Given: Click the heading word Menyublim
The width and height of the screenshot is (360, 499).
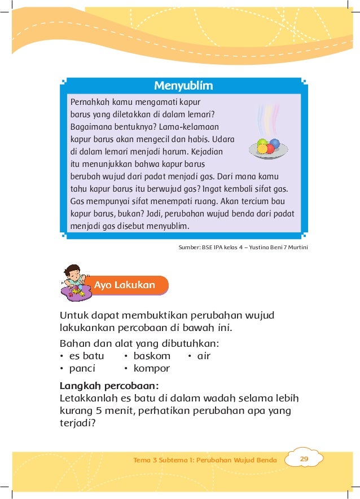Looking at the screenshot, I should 183,86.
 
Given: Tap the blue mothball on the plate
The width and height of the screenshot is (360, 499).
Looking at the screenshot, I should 274,143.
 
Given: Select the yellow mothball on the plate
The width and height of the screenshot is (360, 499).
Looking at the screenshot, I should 262,149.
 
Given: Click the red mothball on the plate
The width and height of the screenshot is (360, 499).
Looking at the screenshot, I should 270,149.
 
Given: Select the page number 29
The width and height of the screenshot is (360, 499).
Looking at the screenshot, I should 304,459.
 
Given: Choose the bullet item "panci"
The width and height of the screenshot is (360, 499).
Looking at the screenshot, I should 82,369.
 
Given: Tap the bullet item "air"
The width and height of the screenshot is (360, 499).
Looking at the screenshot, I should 203,356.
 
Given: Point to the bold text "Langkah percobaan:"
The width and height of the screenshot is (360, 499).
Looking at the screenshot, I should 109,386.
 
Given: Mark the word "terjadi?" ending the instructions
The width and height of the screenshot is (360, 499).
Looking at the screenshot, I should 77,423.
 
